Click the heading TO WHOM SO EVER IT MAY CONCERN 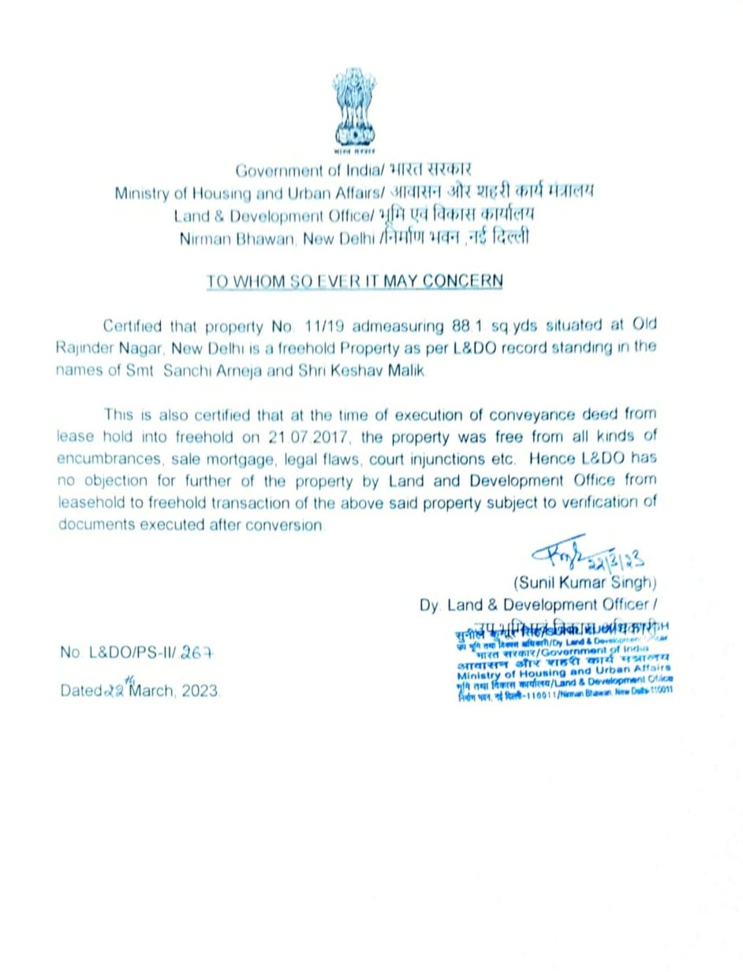pos(354,281)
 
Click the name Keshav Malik pos(386,371)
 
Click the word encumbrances pos(106,459)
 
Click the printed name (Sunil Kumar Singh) pos(584,583)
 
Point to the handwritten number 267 pos(197,654)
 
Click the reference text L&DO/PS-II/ pos(132,654)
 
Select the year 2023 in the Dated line pos(202,691)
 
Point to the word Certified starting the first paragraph pos(132,326)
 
